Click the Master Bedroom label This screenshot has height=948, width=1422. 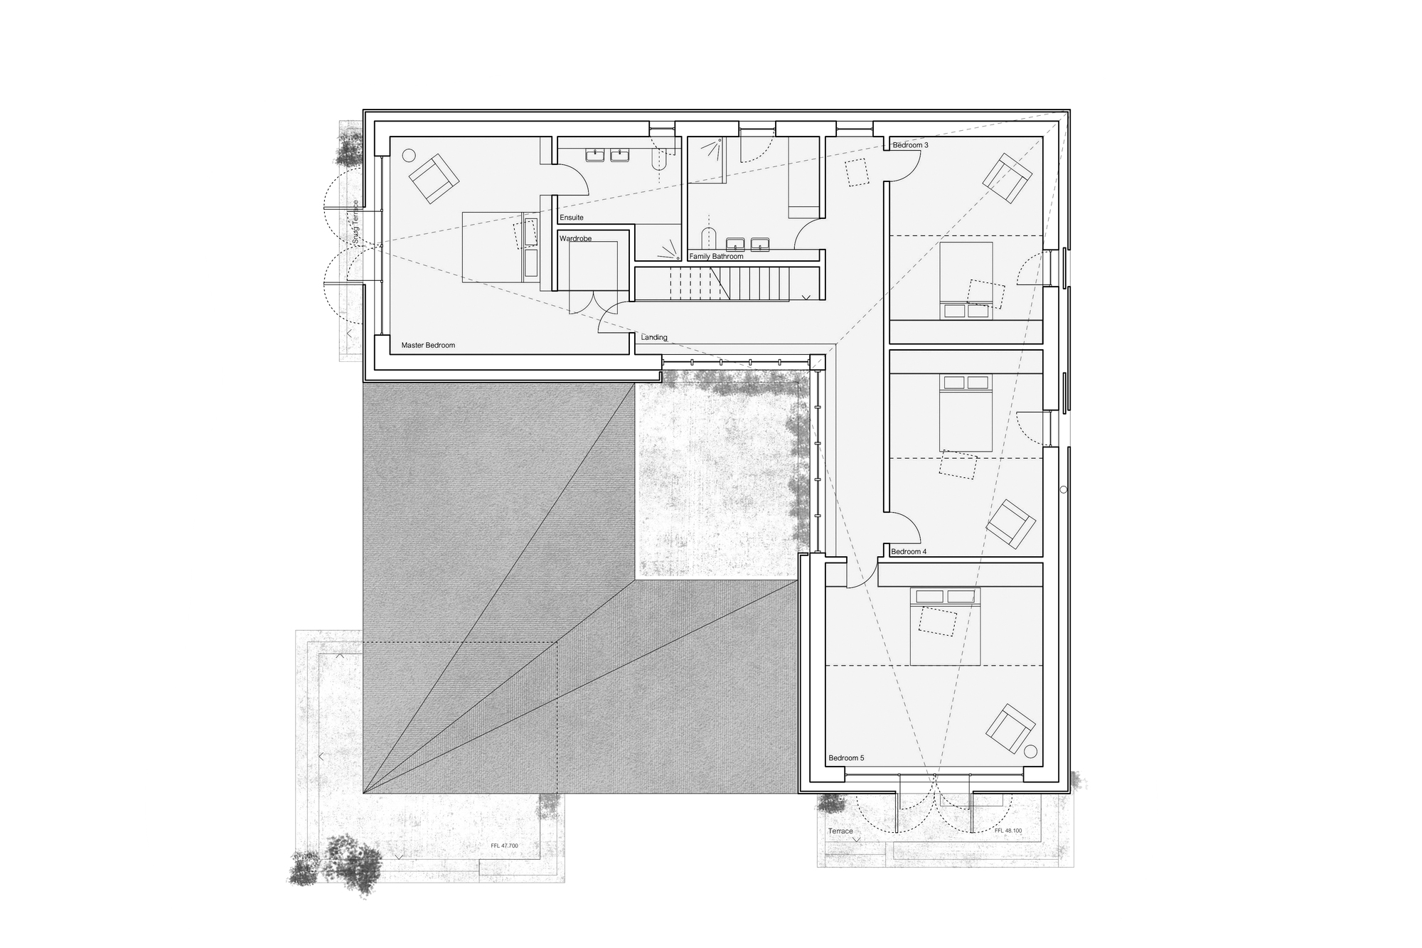pyautogui.click(x=428, y=345)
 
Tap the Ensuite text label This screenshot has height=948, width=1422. pyautogui.click(x=572, y=218)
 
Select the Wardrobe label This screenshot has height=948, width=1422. pyautogui.click(x=575, y=238)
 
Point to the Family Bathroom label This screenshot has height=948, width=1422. pyautogui.click(x=716, y=256)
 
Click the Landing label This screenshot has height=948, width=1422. pyautogui.click(x=654, y=337)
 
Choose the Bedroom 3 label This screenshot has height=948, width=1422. pyautogui.click(x=911, y=145)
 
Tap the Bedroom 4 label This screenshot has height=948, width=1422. pyautogui.click(x=909, y=552)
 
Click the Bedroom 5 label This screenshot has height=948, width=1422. pyautogui.click(x=846, y=758)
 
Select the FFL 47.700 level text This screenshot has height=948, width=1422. pyautogui.click(x=504, y=846)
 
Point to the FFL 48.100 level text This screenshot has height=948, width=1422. pyautogui.click(x=1008, y=831)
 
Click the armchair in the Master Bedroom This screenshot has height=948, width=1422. pyautogui.click(x=432, y=179)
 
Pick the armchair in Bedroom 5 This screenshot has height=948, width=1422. pyautogui.click(x=1010, y=728)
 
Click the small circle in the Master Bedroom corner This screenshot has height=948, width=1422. pyautogui.click(x=408, y=154)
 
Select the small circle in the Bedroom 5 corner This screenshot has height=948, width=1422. pyautogui.click(x=1031, y=752)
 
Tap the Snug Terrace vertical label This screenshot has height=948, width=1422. pyautogui.click(x=355, y=223)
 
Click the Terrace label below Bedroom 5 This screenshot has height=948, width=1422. pyautogui.click(x=840, y=831)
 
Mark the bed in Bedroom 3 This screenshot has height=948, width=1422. pyautogui.click(x=966, y=280)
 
